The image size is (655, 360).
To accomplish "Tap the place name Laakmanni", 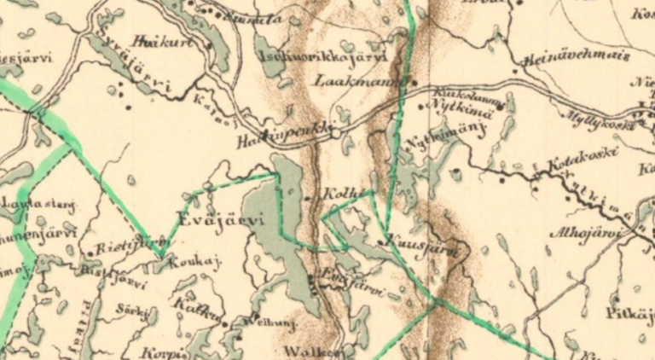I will (347, 82).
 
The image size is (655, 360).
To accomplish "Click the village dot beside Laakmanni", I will (414, 84).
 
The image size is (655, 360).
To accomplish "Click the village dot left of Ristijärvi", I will (90, 253).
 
